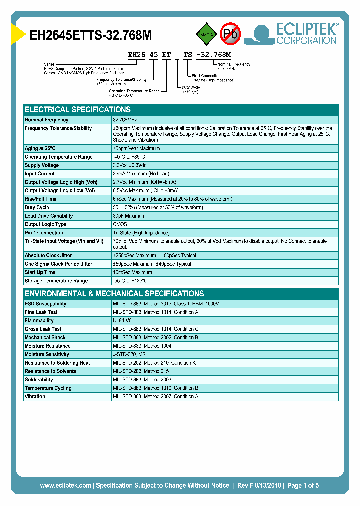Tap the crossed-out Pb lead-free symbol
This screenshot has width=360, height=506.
pyautogui.click(x=230, y=34)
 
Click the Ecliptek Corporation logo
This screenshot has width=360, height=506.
pyautogui.click(x=295, y=33)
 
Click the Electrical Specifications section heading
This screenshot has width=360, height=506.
pyautogui.click(x=78, y=109)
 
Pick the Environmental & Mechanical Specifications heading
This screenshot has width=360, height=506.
pyautogui.click(x=114, y=293)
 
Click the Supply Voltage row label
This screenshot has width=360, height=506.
pyautogui.click(x=42, y=165)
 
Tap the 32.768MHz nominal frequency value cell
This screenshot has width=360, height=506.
pyautogui.click(x=125, y=120)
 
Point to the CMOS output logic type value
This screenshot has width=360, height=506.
pyautogui.click(x=120, y=224)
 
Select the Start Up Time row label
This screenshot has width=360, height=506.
pyautogui.click(x=40, y=272)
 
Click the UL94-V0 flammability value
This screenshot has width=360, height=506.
pyautogui.click(x=122, y=320)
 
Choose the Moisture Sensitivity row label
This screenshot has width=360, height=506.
pyautogui.click(x=47, y=354)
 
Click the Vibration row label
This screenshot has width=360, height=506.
pyautogui.click(x=35, y=396)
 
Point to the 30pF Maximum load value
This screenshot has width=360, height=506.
pyautogui.click(x=129, y=216)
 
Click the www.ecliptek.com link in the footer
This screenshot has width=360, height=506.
pyautogui.click(x=65, y=485)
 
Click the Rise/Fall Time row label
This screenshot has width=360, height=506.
pyautogui.click(x=40, y=199)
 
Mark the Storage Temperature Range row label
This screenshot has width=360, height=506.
pyautogui.click(x=56, y=281)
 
